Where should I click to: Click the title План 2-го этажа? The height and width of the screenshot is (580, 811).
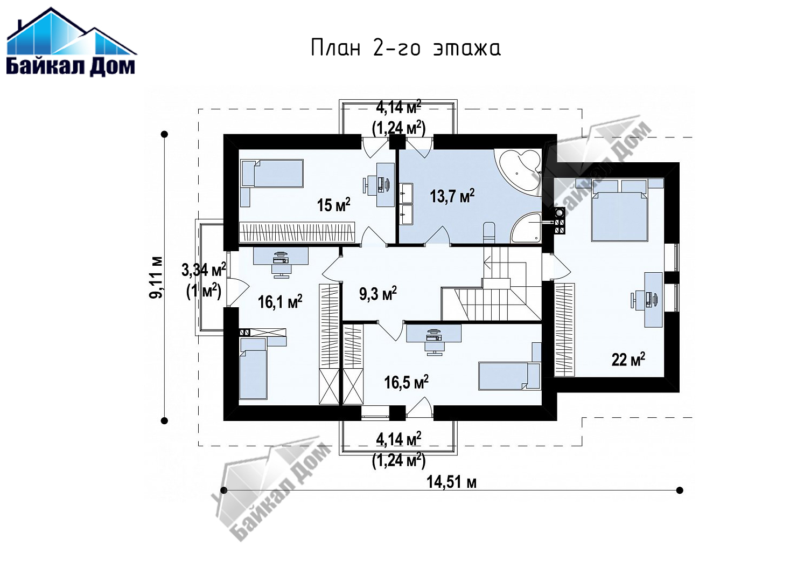[406, 47]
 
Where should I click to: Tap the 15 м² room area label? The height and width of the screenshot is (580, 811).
[333, 205]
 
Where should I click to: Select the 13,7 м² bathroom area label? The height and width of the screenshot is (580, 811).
[452, 196]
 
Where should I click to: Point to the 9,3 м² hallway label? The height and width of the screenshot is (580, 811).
[377, 293]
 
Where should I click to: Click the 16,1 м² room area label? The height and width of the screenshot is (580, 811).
[280, 302]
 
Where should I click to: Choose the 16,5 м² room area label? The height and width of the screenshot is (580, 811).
[406, 382]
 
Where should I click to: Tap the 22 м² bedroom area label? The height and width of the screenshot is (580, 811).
[628, 360]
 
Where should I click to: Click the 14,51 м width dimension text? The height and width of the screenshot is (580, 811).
[451, 482]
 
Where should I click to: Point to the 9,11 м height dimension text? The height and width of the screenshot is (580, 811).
[156, 277]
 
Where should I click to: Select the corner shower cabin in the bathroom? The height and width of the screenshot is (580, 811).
[526, 228]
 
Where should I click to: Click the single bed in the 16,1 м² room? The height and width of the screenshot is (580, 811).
[253, 368]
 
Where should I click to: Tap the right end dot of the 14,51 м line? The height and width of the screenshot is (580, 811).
[680, 491]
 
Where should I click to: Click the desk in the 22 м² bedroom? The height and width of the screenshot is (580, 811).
[654, 299]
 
